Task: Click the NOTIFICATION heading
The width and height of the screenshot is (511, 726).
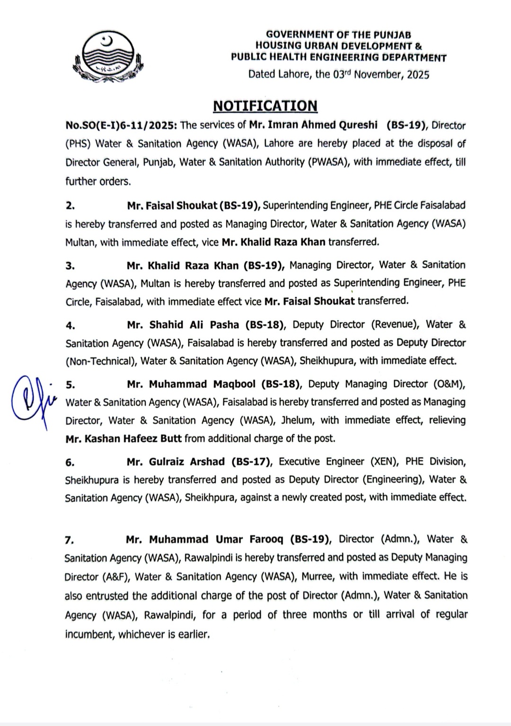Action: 265,105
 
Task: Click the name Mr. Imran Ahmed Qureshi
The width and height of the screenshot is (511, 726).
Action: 313,125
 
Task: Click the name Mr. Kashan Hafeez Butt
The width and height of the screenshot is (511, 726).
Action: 123,438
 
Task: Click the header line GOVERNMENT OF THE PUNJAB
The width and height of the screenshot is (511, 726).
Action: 338,35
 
